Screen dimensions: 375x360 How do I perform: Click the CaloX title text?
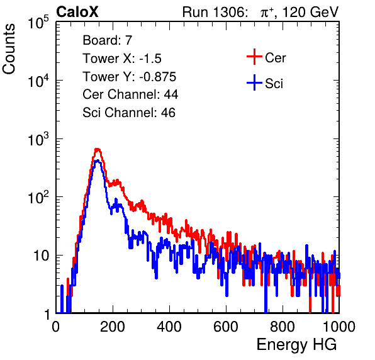pyautogui.click(x=77, y=12)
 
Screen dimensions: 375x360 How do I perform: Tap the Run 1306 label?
pyautogui.click(x=215, y=12)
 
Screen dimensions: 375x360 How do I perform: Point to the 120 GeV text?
pyautogui.click(x=311, y=12)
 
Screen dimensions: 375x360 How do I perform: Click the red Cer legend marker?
pyautogui.click(x=254, y=57)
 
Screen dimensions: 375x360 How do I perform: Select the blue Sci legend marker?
pyautogui.click(x=254, y=82)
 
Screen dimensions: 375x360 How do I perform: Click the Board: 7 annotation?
pyautogui.click(x=108, y=40)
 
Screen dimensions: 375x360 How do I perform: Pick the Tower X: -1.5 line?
pyautogui.click(x=122, y=59)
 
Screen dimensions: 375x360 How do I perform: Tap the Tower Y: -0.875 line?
pyautogui.click(x=130, y=77)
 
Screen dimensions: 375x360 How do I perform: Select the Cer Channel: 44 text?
pyautogui.click(x=130, y=94)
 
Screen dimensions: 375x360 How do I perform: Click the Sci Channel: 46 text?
pyautogui.click(x=129, y=113)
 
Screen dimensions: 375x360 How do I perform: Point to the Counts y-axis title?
pyautogui.click(x=9, y=49)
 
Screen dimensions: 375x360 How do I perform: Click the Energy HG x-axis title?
pyautogui.click(x=296, y=345)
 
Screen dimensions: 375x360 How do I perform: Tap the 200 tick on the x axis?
pyautogui.click(x=113, y=327)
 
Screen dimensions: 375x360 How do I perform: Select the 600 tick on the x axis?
pyautogui.click(x=226, y=327)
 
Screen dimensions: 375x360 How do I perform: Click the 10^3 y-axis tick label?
pyautogui.click(x=38, y=139)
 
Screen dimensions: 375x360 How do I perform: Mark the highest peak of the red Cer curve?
pyautogui.click(x=97, y=149)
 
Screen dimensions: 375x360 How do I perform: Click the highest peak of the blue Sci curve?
pyautogui.click(x=97, y=160)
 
